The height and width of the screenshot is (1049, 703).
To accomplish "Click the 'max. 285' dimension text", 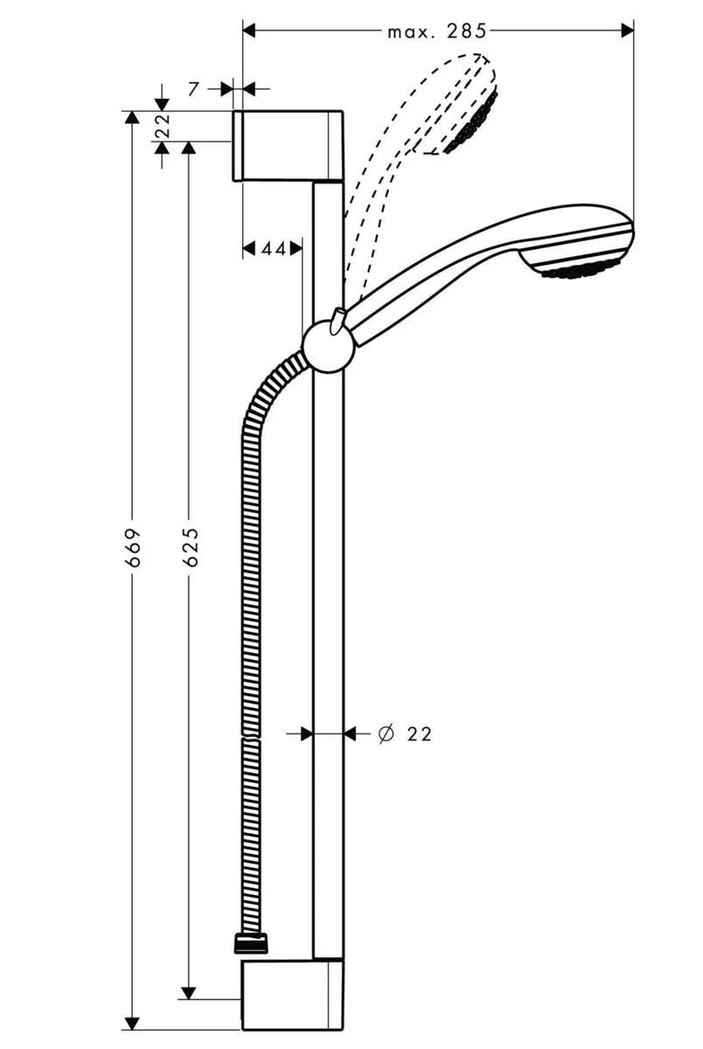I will click(x=436, y=31).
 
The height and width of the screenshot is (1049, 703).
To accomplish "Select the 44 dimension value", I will click(x=273, y=249).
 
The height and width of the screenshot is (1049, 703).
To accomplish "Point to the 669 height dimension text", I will click(x=133, y=547).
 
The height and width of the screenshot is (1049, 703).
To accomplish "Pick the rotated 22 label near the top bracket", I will click(x=163, y=127).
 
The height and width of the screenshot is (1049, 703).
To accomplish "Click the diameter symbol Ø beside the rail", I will click(x=385, y=733).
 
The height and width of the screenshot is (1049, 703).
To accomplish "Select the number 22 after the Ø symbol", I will click(x=420, y=733).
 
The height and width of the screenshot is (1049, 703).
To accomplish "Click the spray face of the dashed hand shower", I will click(x=472, y=123).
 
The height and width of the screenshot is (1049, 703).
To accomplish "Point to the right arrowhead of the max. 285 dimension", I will click(x=627, y=31).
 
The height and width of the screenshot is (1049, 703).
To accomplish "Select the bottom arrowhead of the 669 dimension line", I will click(x=132, y=1022).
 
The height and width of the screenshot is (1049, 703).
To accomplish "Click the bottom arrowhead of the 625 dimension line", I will click(x=187, y=992).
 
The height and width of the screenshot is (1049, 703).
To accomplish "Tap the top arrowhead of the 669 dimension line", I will click(x=132, y=118).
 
